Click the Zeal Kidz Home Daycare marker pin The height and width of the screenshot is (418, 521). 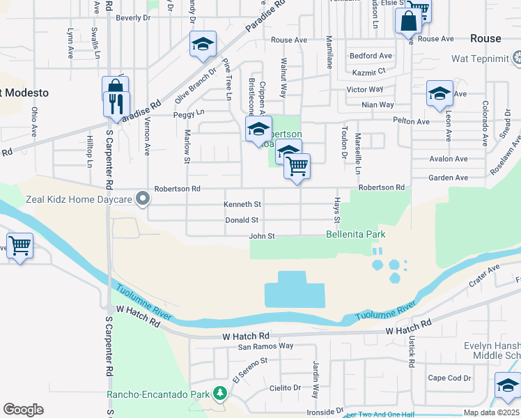point(143,200)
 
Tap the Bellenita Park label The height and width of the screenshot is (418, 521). point(355,235)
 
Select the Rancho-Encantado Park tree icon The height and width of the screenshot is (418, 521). point(221,394)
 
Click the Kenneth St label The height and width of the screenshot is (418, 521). point(242,205)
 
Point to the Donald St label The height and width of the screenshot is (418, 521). point(242,220)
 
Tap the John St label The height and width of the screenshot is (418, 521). point(263,236)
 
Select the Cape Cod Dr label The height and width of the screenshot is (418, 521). point(449,378)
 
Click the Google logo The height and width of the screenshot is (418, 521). point(23,410)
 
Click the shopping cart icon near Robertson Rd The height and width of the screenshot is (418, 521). point(297,167)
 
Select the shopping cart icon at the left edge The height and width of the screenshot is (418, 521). point(20,245)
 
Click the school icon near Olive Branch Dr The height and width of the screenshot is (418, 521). point(203,45)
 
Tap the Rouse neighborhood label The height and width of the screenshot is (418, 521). point(485,38)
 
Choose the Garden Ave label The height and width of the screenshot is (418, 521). point(448,178)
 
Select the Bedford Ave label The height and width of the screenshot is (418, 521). point(371,56)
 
